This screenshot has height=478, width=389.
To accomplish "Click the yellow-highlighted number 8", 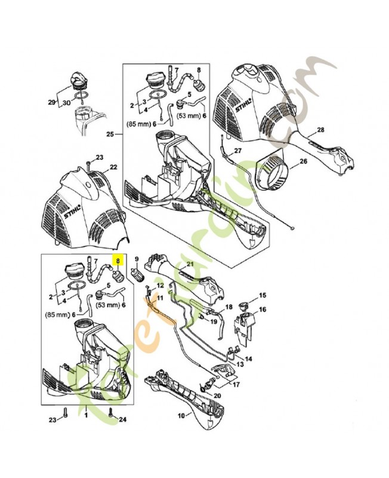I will [118, 261].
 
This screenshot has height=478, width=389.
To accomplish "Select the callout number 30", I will [66, 103].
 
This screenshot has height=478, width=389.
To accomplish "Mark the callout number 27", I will [237, 151].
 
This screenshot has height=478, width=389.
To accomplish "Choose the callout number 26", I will [303, 161].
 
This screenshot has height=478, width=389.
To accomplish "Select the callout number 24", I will [123, 420].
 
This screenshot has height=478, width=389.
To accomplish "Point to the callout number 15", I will [262, 296].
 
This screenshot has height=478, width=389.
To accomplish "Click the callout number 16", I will [263, 309].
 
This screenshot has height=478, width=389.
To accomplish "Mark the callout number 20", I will [217, 396].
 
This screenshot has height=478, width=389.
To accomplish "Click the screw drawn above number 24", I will [112, 410].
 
